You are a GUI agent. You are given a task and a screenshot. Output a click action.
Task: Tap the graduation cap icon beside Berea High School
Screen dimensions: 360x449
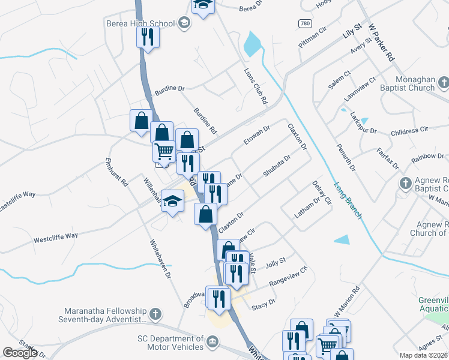click(x=184, y=23)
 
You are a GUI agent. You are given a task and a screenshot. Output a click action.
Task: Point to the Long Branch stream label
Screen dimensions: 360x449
click(x=348, y=200)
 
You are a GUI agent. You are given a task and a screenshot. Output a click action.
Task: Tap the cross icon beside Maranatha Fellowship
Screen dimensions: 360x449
click(x=155, y=313)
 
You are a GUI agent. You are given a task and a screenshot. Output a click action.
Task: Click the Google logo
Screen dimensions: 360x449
click(x=20, y=353)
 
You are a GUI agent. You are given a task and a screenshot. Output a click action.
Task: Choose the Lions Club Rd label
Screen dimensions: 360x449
click(x=255, y=86)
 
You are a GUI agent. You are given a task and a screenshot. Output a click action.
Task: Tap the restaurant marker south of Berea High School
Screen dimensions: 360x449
click(x=146, y=37)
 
